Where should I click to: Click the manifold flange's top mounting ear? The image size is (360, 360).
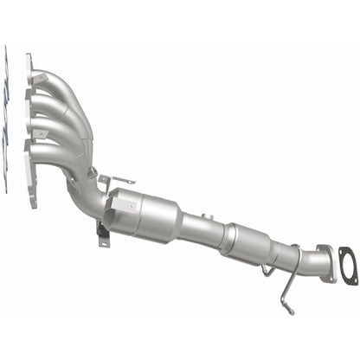click(x=31, y=61)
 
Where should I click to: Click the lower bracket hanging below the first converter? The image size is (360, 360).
click(x=103, y=233)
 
